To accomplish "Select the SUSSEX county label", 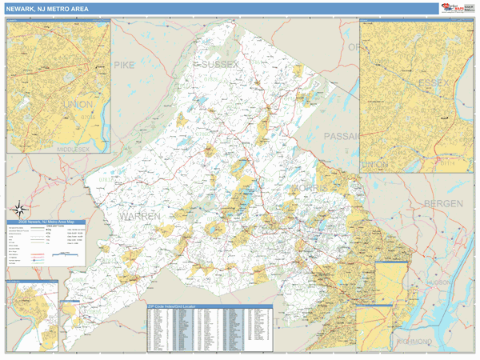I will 220,63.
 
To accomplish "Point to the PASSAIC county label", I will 342,137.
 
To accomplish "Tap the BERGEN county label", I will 443,204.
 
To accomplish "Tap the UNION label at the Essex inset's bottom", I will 373,164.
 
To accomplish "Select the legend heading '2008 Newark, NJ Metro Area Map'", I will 47,222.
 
